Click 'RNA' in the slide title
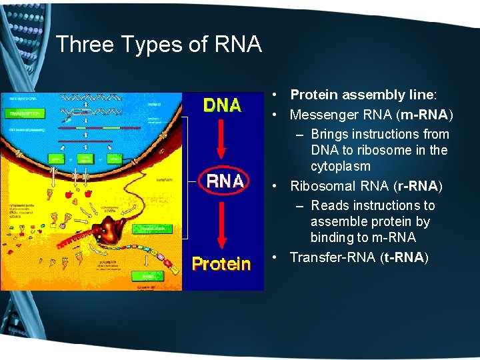pyautogui.click(x=238, y=44)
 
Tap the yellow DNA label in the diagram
pyautogui.click(x=222, y=105)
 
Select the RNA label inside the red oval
pyautogui.click(x=225, y=180)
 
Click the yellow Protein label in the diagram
pyautogui.click(x=221, y=264)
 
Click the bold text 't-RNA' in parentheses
pyautogui.click(x=402, y=257)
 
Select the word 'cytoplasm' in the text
pyautogui.click(x=341, y=166)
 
